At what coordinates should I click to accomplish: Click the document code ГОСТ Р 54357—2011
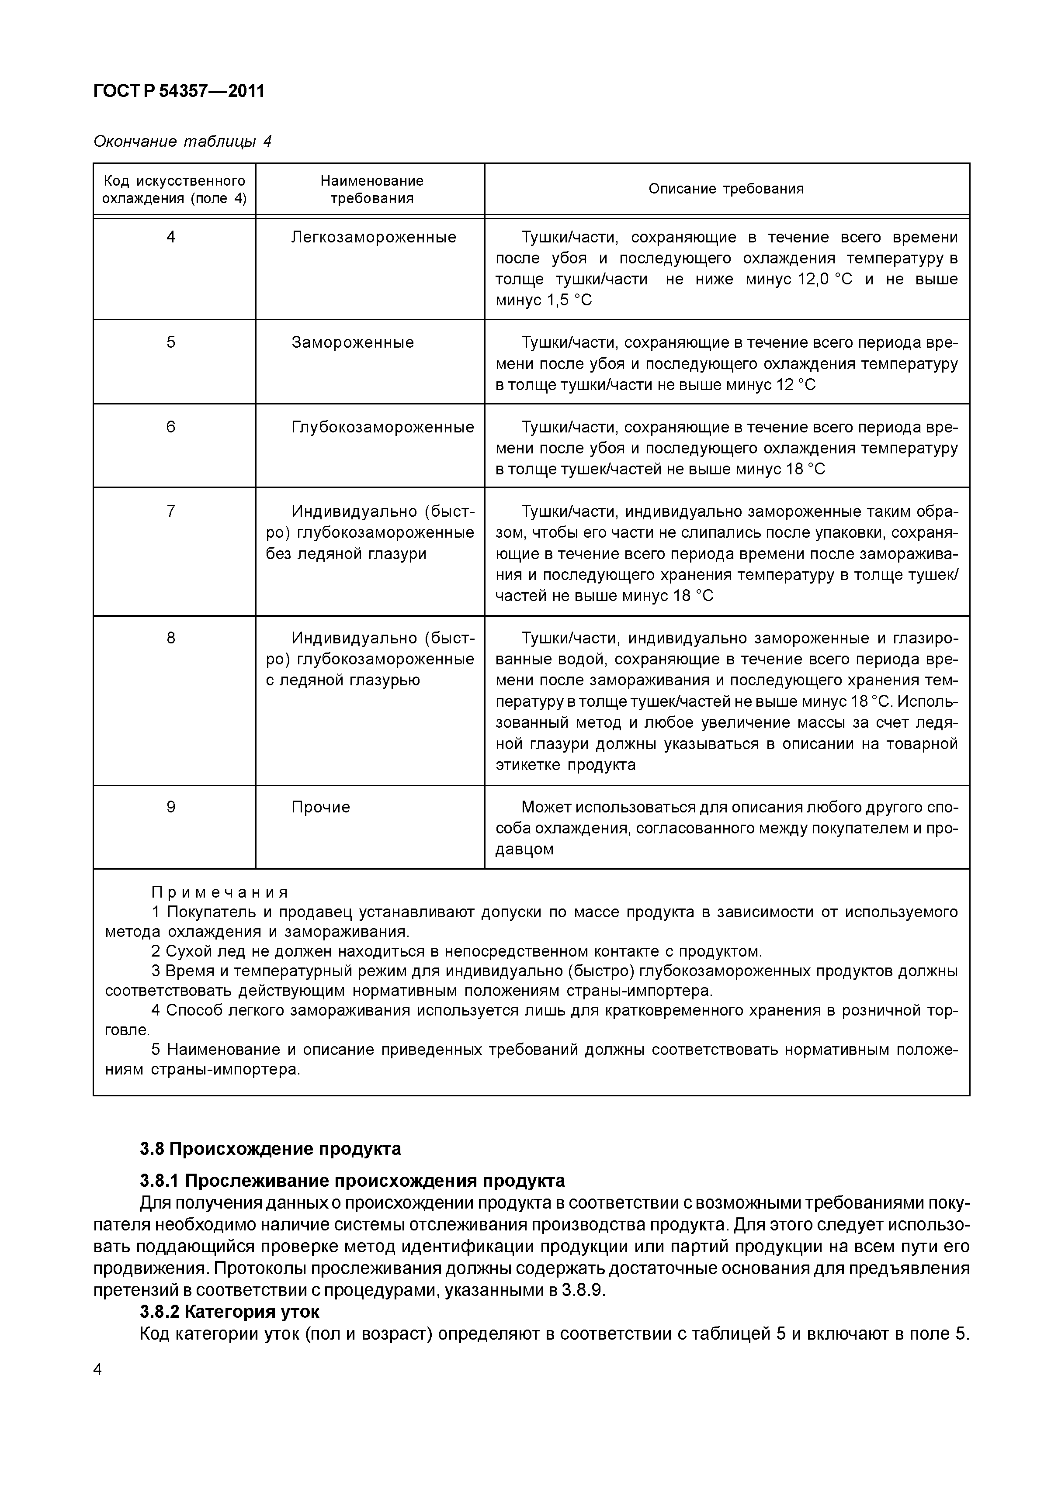click(x=179, y=91)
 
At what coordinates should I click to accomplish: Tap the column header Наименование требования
click(x=371, y=190)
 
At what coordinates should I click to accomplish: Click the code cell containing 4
click(x=171, y=237)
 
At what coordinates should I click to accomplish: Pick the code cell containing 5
click(x=171, y=343)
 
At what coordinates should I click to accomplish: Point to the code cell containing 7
click(x=171, y=511)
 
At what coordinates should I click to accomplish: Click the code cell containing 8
click(x=171, y=638)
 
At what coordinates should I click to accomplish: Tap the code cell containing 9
click(x=171, y=807)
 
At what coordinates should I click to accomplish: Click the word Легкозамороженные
click(x=374, y=237)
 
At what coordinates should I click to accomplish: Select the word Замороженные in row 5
click(x=352, y=343)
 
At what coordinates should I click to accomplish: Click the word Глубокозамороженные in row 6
click(x=383, y=428)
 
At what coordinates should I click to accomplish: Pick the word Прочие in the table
click(x=320, y=807)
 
